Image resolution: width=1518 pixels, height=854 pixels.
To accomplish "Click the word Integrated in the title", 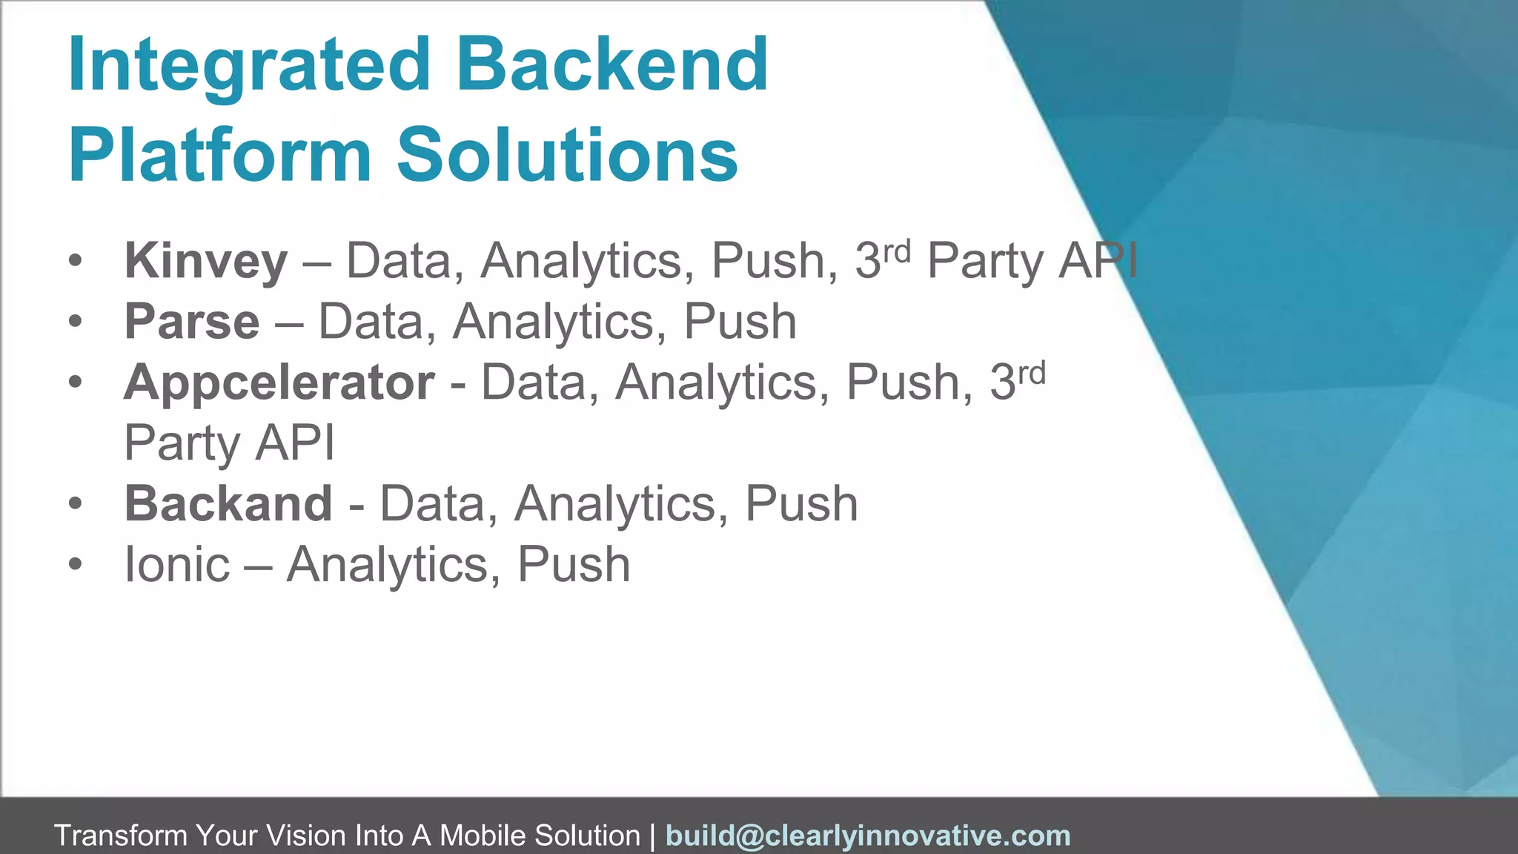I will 249,67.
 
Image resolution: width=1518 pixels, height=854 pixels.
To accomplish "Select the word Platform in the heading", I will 219,156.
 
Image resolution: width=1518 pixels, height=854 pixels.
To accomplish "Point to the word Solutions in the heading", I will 567,155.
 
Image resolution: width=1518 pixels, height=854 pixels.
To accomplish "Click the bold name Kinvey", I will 205,261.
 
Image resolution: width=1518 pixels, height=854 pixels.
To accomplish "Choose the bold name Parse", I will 192,322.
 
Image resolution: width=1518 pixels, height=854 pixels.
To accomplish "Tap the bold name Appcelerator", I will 279,383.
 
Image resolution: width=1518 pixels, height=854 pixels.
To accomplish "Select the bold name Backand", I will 228,504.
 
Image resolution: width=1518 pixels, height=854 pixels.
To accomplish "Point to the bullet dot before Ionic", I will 75,565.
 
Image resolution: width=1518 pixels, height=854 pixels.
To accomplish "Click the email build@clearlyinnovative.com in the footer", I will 868,836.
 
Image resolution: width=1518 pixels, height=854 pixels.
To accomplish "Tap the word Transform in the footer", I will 121,836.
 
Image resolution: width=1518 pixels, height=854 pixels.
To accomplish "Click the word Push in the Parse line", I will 740,322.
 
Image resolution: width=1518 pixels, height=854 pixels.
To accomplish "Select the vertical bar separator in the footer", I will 652,836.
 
